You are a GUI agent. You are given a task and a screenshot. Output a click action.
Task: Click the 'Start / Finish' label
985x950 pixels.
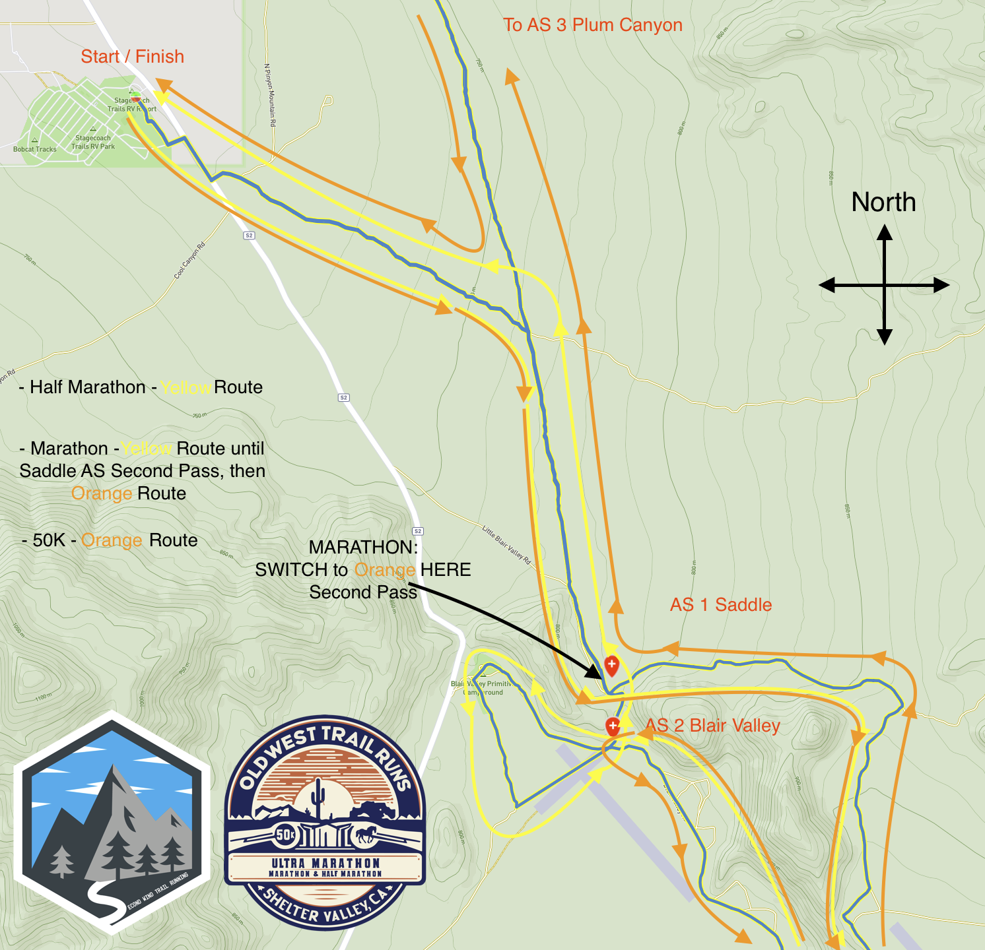tap(132, 57)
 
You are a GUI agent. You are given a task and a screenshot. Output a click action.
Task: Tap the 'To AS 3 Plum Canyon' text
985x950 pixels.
tap(592, 25)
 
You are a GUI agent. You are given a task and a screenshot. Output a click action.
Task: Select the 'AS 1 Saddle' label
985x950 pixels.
tap(720, 605)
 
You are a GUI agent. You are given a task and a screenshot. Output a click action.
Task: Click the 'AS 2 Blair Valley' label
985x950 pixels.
tap(713, 726)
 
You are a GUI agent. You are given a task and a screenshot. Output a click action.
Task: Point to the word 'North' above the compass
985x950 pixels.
tap(883, 203)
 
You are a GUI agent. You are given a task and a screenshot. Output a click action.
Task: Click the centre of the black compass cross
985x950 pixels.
tap(885, 286)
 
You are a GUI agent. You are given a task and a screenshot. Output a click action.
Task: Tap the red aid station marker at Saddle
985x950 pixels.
tap(611, 665)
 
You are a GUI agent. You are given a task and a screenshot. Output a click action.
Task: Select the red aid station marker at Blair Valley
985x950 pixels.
tap(613, 726)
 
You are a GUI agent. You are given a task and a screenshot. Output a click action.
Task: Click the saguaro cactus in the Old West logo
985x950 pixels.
tap(320, 796)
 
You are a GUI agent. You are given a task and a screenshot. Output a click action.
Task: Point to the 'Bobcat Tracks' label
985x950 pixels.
tap(35, 149)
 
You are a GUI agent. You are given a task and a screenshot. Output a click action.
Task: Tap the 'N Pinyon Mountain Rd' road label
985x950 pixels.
tap(270, 95)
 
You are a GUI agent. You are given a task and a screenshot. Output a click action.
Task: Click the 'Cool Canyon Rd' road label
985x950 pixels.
tap(189, 261)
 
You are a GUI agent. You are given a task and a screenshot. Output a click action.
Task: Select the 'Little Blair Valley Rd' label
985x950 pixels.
tap(506, 544)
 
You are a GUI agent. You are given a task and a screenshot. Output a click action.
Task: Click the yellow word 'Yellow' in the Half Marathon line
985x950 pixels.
tap(186, 388)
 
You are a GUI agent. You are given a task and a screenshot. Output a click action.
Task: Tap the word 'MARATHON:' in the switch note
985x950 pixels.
tap(363, 548)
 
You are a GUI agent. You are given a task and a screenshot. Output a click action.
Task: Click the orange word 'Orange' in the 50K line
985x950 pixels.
tap(112, 541)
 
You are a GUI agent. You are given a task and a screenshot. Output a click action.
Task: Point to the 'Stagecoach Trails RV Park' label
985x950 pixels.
tap(93, 142)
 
